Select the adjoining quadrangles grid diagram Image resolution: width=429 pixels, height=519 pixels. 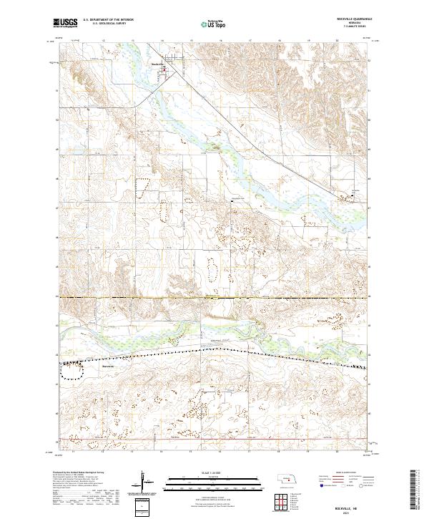click(x=286, y=497)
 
